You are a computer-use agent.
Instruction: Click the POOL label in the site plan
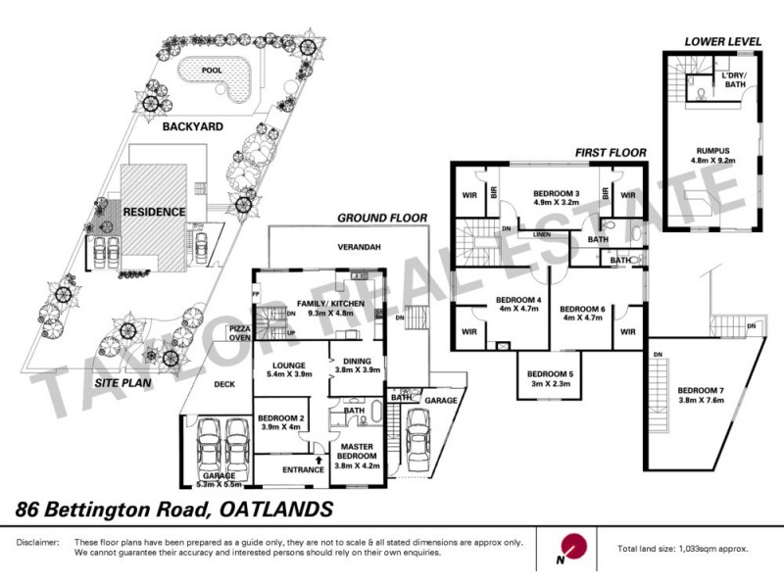click(211, 71)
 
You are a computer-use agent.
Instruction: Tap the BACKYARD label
click(192, 126)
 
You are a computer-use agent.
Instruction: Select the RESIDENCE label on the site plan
click(154, 211)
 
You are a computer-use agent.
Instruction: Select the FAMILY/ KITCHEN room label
click(323, 309)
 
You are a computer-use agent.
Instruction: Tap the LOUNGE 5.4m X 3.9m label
click(288, 369)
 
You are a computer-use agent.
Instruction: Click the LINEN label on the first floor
click(540, 235)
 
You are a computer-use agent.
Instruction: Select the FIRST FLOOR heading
click(611, 153)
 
